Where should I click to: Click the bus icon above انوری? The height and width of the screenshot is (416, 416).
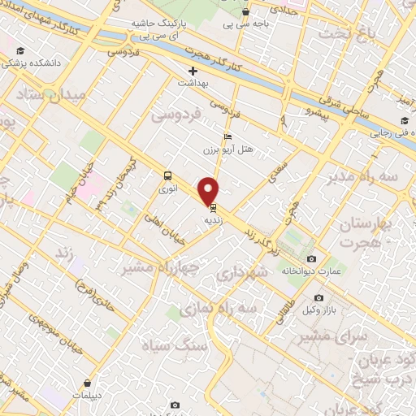point(167,175)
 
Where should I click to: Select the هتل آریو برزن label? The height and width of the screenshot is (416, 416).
point(230,149)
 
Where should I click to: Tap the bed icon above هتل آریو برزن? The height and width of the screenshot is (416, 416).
point(227,136)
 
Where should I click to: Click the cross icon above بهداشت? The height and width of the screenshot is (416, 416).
point(193,71)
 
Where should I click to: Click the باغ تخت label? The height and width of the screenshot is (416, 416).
point(337,34)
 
